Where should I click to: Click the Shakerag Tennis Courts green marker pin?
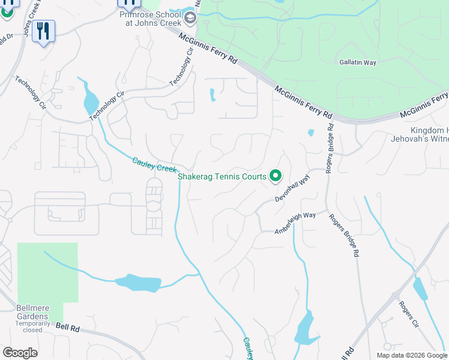click(x=276, y=176)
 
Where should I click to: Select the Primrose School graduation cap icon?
click(x=190, y=17)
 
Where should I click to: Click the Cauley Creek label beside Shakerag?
click(x=154, y=164)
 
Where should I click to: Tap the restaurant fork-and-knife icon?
click(x=43, y=31)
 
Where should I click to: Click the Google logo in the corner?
click(x=20, y=353)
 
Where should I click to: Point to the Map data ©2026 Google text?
click(x=412, y=355)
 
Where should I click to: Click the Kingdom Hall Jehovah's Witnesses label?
click(x=429, y=135)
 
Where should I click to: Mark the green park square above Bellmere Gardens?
click(x=47, y=271)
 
